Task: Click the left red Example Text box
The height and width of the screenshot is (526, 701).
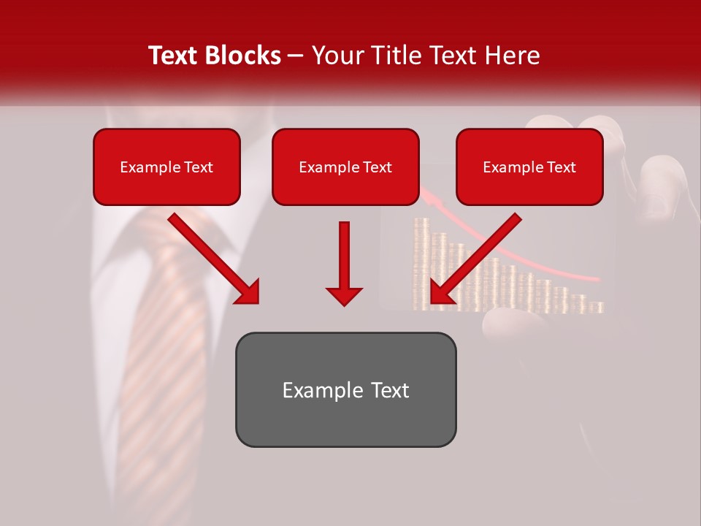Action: point(166,167)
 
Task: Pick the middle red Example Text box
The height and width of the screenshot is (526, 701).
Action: point(345,167)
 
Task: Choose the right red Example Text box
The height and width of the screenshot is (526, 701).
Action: point(529,167)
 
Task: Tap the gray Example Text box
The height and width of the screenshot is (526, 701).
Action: point(345,390)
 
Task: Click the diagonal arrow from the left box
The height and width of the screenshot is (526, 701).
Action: point(212,257)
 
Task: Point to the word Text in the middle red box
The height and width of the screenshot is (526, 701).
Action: point(378,167)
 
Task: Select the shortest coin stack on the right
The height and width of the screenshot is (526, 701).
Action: point(597,307)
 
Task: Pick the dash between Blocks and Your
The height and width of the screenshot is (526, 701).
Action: point(296,56)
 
